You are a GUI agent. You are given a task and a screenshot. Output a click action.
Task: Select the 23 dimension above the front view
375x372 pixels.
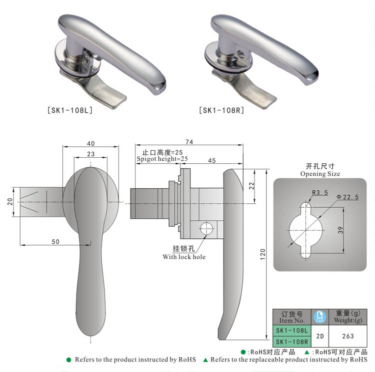pos(91,154)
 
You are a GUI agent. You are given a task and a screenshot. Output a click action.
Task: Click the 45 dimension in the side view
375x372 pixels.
pos(211,161)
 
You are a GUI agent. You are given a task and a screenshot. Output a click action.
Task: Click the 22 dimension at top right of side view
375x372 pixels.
pos(251,185)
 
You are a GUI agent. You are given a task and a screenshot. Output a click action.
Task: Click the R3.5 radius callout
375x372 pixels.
pos(319,192)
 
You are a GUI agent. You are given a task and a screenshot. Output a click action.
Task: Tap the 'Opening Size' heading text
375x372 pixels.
pos(320,174)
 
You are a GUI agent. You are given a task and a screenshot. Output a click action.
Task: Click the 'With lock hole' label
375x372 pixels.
pos(184,257)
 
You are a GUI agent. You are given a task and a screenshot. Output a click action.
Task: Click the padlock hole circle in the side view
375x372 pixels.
pos(206,229)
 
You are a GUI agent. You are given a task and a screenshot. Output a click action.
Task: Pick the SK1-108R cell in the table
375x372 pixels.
pos(291,342)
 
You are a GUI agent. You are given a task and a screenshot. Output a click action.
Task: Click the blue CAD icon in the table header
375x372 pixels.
pos(318,316)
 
